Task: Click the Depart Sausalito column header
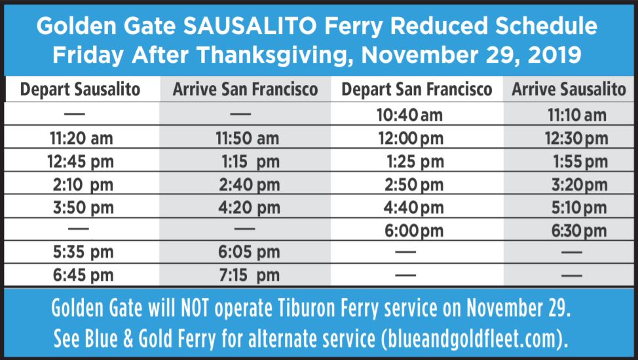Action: coord(81,90)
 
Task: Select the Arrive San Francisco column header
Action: coord(245,90)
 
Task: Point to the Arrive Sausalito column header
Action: coord(569,90)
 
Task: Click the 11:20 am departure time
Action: coord(81,139)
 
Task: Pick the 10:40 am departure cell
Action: coord(409,116)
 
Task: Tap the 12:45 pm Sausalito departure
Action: coord(81,162)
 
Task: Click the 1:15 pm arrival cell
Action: coord(249,162)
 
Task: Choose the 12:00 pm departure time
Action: coord(410,139)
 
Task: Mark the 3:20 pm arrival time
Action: coord(579,185)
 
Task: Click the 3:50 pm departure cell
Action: coord(83,208)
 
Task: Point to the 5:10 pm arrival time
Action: coord(579,208)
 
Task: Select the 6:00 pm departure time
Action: coord(411,231)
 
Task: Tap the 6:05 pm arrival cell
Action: coord(249,252)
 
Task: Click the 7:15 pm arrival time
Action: coord(249,275)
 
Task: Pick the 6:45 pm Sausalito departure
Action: coord(83,275)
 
